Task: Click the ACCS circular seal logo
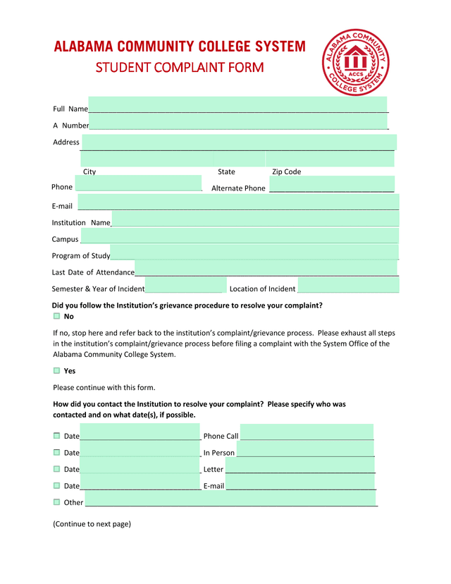(355, 62)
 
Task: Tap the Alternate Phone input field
(331, 185)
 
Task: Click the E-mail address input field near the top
(238, 202)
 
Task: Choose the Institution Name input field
(255, 219)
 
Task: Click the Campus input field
(240, 236)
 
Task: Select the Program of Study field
(254, 253)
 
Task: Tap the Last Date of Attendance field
(266, 269)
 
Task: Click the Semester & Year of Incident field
(185, 286)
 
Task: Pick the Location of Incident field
(348, 286)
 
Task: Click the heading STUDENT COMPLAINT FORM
(180, 68)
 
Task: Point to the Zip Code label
(286, 172)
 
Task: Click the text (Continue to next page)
(92, 524)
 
